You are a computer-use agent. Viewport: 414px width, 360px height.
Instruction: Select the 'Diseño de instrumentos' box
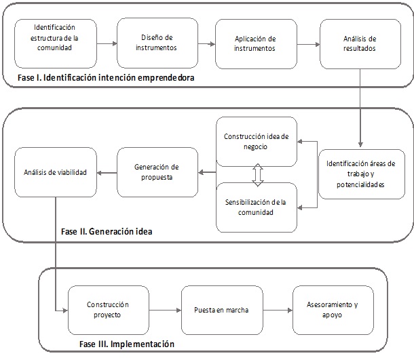click(157, 43)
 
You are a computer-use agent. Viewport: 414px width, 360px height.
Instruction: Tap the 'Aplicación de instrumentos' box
click(256, 43)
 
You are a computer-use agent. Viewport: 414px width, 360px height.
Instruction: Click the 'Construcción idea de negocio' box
click(257, 141)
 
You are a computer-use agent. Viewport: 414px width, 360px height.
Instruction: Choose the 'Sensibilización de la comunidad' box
click(257, 207)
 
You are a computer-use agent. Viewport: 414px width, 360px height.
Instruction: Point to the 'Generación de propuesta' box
click(157, 172)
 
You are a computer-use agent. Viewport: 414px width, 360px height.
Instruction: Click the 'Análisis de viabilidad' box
click(55, 173)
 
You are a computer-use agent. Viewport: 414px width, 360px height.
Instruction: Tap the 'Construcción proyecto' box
click(108, 310)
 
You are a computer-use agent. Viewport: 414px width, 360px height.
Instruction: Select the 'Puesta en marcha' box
click(222, 310)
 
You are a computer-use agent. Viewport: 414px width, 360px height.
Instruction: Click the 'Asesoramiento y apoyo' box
click(332, 310)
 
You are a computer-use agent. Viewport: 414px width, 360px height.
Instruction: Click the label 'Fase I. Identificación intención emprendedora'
click(106, 78)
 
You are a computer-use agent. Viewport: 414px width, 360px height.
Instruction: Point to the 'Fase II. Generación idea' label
click(106, 231)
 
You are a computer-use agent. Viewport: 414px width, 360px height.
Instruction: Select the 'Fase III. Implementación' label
click(126, 344)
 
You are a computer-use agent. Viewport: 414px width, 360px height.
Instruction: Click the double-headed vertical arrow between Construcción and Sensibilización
click(257, 174)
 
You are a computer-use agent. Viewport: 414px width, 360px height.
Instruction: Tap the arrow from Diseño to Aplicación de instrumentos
click(206, 44)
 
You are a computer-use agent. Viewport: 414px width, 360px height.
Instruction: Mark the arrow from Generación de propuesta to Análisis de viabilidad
click(106, 173)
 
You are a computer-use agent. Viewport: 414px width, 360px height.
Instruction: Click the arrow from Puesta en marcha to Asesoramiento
click(278, 311)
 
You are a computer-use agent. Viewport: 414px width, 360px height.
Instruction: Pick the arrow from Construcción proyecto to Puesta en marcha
click(164, 311)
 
